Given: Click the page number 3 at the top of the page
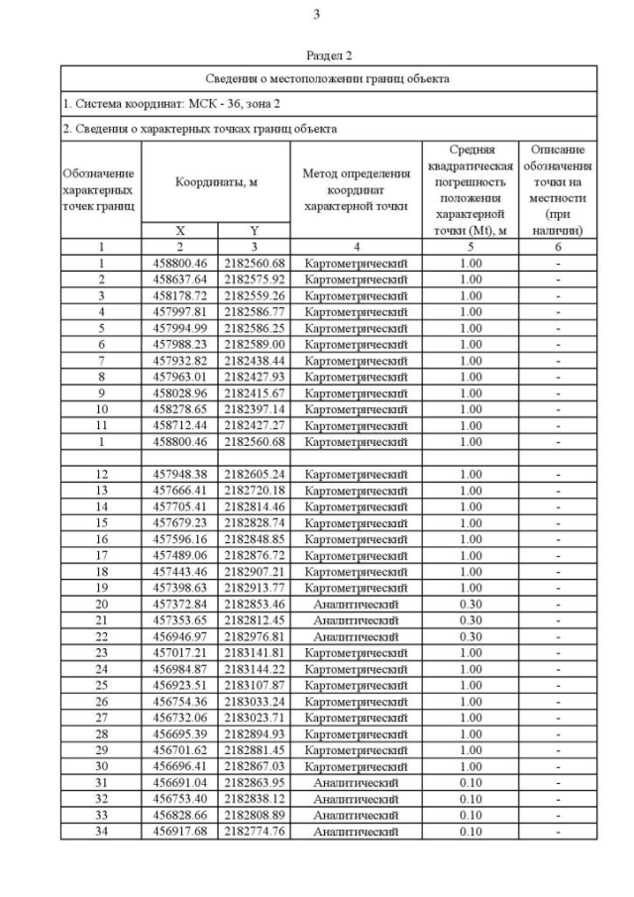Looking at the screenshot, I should [316, 15].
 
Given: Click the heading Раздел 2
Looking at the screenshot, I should [329, 57].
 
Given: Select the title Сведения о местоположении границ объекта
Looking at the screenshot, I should [328, 78].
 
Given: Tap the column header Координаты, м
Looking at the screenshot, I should [216, 181].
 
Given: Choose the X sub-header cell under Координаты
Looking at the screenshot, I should [179, 230].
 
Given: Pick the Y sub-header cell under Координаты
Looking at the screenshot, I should [254, 230].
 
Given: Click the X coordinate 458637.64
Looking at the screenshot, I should [179, 280].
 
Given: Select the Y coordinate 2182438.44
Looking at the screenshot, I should [254, 361].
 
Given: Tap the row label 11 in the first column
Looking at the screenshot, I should [101, 425].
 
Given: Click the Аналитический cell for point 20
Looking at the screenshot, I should [356, 604].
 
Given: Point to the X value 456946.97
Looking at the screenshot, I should [179, 636].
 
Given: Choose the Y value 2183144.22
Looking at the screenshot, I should [254, 668].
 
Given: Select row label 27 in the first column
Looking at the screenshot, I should [101, 718].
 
